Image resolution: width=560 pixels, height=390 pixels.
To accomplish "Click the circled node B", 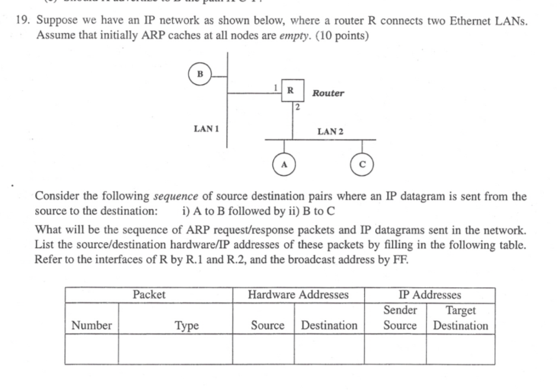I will point(200,74).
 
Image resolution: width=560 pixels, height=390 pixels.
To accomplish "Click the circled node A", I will point(283,163).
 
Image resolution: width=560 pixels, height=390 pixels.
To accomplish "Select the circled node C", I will point(362,163).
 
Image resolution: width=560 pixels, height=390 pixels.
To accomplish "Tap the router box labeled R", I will point(292,91).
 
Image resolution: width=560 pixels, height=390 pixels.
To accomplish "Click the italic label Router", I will point(328,93).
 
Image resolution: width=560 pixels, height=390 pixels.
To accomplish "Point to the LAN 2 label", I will point(330,132).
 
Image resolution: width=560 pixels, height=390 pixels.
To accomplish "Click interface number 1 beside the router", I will point(277,87).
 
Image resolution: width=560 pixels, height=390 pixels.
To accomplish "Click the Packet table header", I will point(149,295).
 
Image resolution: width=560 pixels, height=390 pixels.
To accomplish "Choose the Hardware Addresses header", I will point(298,295).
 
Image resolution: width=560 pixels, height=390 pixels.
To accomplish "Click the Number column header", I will point(92,325).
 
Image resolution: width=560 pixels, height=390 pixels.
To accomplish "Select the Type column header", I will point(186,325).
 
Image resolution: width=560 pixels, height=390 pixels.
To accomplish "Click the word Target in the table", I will point(461,310).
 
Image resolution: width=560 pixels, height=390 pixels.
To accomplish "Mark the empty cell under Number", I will point(92,350).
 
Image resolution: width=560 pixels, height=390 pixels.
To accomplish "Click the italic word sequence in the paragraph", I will point(175,196).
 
